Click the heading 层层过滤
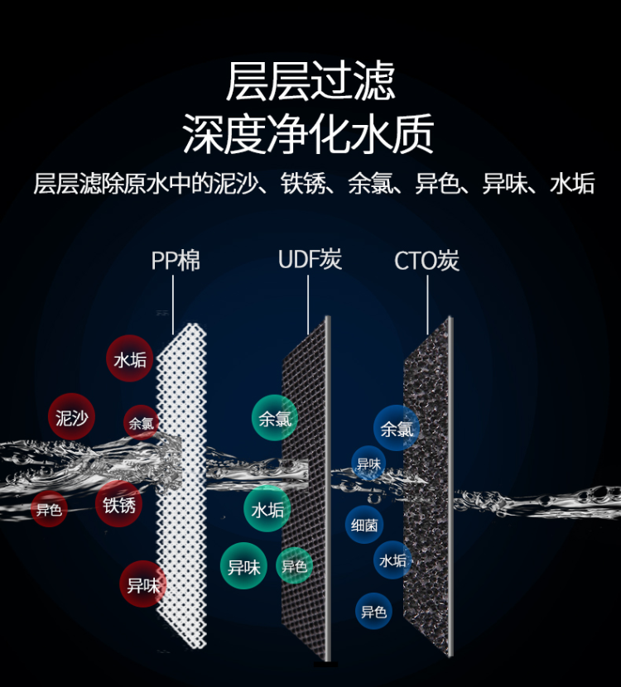click(310, 80)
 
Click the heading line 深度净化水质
click(310, 133)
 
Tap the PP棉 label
click(176, 261)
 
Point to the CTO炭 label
click(426, 262)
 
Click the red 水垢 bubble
click(130, 359)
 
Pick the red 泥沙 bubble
click(72, 417)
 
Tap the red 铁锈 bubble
click(118, 503)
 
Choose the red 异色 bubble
click(49, 510)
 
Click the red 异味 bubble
click(142, 584)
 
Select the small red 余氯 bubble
click(141, 423)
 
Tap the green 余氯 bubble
click(275, 418)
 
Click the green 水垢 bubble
click(267, 509)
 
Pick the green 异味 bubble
click(244, 566)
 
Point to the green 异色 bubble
click(294, 566)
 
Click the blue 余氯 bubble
click(397, 428)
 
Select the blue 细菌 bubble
click(364, 524)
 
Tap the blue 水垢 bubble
click(393, 560)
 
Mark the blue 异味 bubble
click(368, 464)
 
